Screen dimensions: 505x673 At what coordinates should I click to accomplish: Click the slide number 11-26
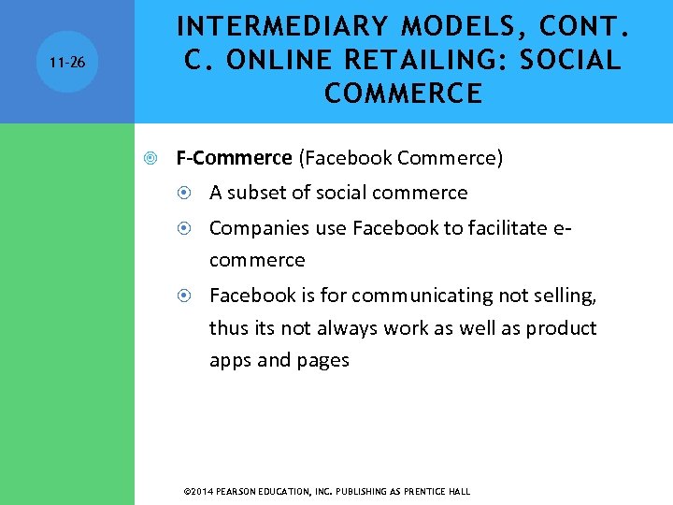pyautogui.click(x=66, y=62)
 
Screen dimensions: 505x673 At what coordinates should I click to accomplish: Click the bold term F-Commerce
pyautogui.click(x=234, y=158)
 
